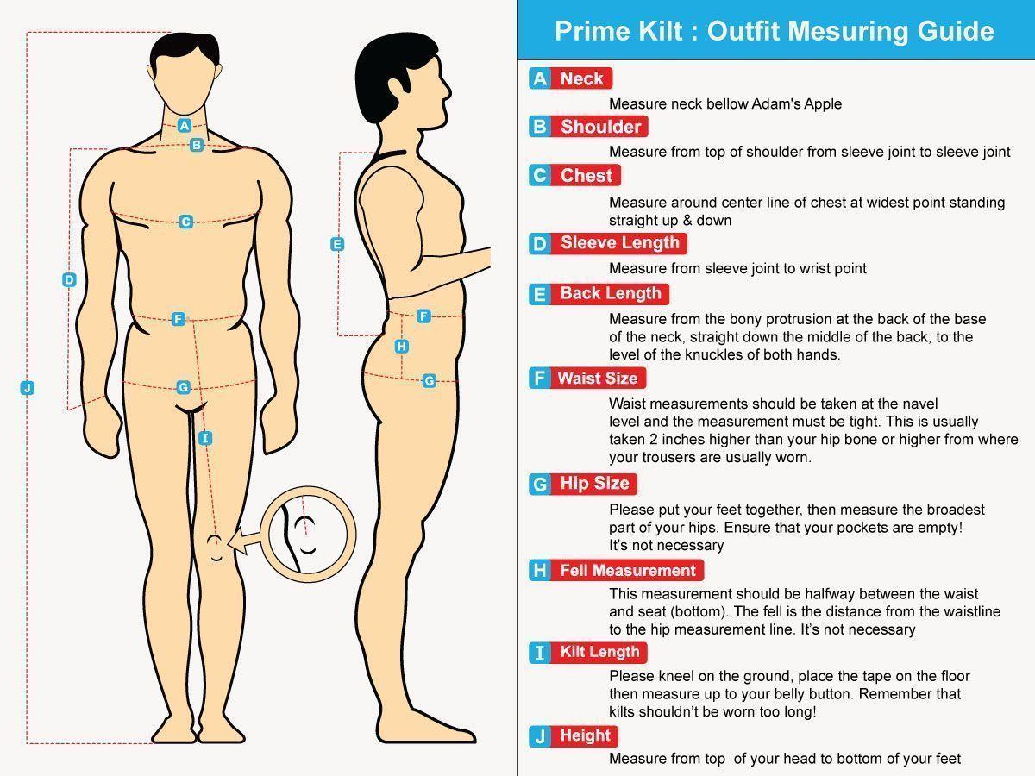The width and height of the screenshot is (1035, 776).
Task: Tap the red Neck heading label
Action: (581, 78)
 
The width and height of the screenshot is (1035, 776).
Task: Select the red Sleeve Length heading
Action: (619, 243)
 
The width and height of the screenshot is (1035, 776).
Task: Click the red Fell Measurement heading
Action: (627, 570)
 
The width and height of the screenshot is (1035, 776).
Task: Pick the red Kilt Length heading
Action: (599, 652)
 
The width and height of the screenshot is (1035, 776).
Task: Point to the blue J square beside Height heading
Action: (540, 736)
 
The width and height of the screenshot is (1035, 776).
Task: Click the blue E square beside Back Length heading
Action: (540, 294)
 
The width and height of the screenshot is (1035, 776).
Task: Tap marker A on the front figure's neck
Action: (185, 125)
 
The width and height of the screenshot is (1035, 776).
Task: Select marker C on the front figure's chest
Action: (185, 222)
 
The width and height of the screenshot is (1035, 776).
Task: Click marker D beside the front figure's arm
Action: (69, 280)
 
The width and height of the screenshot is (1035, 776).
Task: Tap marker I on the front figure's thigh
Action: (205, 438)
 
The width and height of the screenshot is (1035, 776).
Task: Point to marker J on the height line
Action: (28, 388)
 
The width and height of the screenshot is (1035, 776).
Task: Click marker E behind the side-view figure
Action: (337, 244)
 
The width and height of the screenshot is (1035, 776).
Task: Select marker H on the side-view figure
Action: (401, 347)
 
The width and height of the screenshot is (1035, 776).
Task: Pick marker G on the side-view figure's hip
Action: (429, 381)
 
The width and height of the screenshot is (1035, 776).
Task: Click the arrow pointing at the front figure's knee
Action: (245, 541)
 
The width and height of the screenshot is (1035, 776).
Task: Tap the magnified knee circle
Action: (309, 489)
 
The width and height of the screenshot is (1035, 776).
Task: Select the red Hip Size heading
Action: (593, 484)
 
